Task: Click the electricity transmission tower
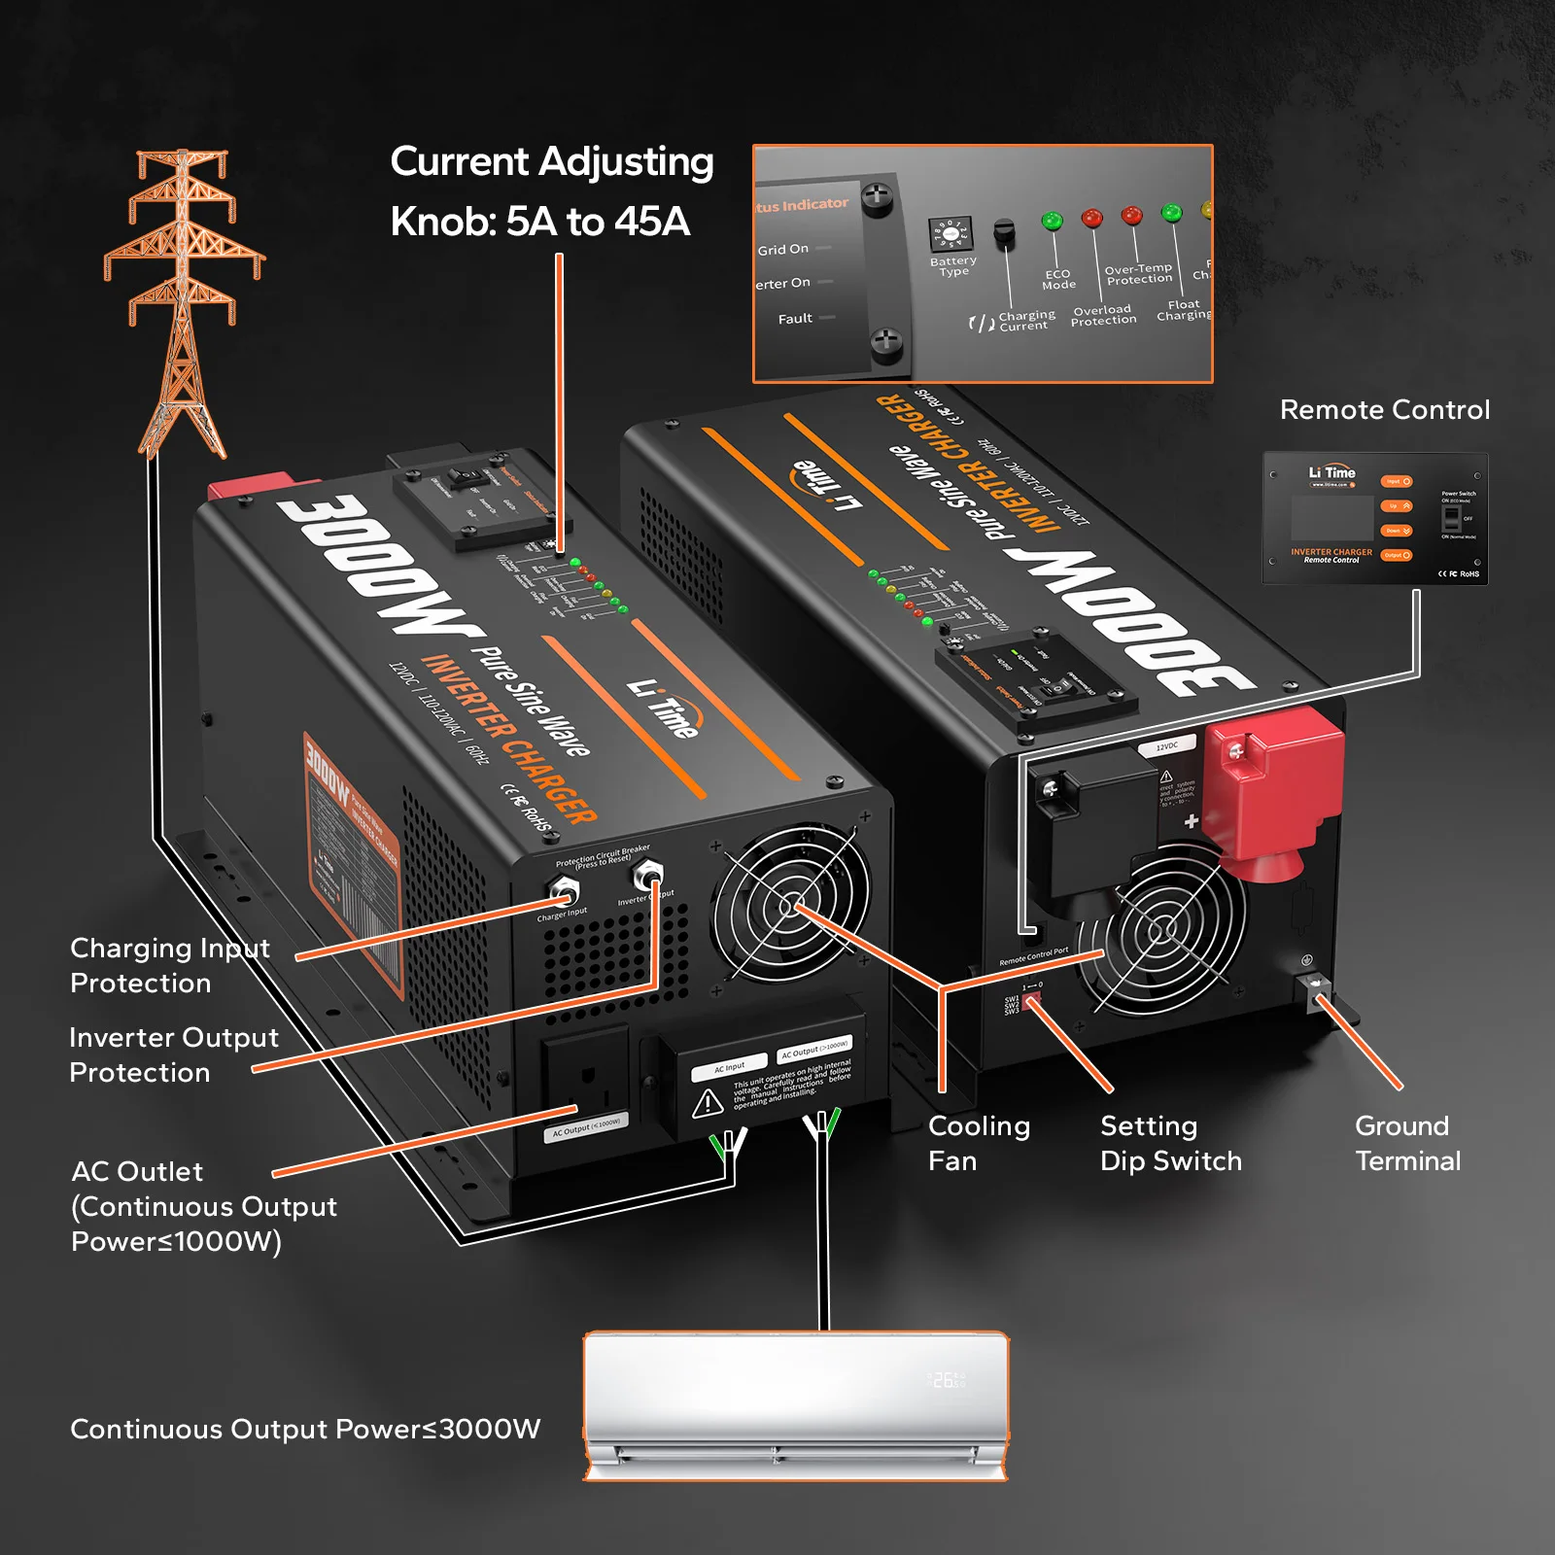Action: coord(183,301)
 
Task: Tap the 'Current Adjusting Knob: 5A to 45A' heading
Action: coord(551,191)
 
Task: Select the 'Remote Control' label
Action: coord(1384,410)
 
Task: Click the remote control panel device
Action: coord(1374,518)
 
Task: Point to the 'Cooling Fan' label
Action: coord(978,1143)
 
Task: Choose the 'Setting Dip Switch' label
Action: coord(1170,1143)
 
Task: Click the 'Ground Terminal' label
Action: coord(1407,1143)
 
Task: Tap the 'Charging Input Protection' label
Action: coord(169,965)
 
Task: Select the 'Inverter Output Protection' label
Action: coord(173,1054)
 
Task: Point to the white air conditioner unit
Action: coord(795,1405)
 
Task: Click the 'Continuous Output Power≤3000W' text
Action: coord(305,1429)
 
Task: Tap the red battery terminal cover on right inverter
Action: coord(1270,787)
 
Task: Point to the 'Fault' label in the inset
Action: coord(795,319)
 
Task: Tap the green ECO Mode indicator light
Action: coord(1052,222)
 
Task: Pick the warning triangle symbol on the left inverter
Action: coord(708,1103)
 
